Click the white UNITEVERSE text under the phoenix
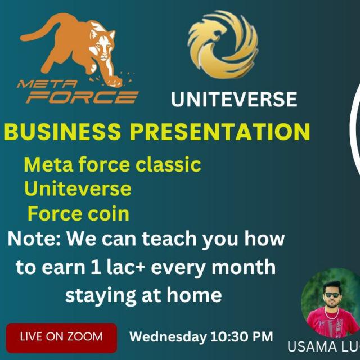point(234,100)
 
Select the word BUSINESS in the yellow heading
point(62,132)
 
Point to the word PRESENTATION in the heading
point(220,132)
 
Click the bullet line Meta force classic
point(112,165)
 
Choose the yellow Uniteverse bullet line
point(78,188)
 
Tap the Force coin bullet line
point(78,214)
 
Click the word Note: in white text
point(34,239)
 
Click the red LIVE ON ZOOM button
point(61,337)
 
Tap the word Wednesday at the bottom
point(168,337)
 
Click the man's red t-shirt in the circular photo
point(332,324)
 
